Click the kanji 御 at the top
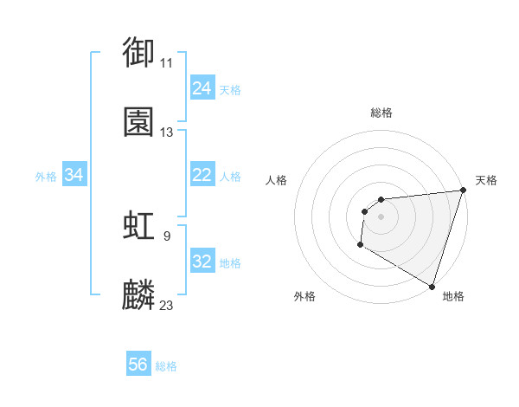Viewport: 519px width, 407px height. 139,51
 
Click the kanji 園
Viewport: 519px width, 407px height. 139,122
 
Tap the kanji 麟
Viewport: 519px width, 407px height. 139,295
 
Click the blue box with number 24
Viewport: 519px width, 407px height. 202,88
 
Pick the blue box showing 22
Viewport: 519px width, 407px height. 202,176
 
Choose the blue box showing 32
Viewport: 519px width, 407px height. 202,262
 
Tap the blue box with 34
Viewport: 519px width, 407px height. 74,176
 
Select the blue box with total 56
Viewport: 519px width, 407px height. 138,365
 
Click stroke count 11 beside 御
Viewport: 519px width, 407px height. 166,63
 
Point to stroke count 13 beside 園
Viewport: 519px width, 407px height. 166,132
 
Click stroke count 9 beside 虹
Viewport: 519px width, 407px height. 166,235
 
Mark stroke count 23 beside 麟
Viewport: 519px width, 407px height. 166,305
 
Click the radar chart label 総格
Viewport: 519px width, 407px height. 381,113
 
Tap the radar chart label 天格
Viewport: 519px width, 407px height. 486,180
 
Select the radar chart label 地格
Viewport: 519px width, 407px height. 453,296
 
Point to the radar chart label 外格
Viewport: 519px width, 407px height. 304,296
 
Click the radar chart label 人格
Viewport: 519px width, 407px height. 277,180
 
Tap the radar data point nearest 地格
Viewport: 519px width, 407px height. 432,286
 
